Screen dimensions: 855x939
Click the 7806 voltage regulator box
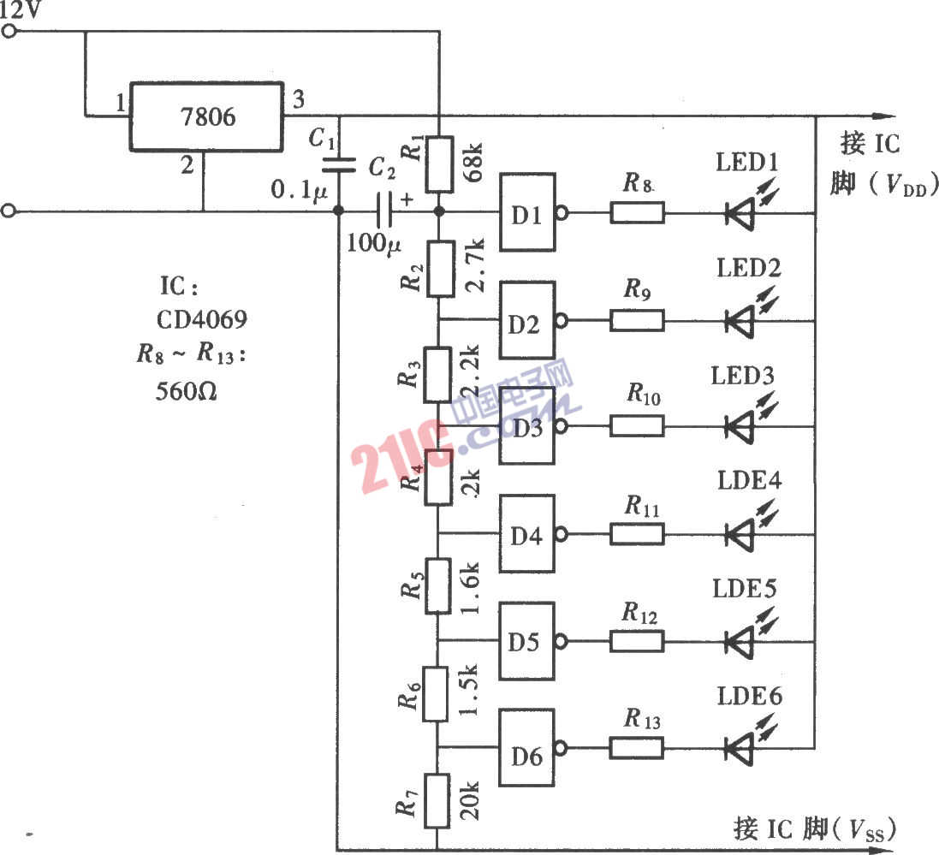coord(206,116)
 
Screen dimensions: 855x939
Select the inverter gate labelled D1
coord(527,212)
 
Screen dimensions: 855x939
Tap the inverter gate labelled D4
coord(527,534)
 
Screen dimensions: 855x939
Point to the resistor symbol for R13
coord(636,748)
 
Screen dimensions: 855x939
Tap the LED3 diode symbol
coord(739,425)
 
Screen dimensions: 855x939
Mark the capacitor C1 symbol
coord(339,163)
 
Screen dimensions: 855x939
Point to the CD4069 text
coord(202,321)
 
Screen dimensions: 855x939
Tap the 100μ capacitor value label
coord(373,243)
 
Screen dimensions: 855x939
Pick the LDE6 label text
coord(749,696)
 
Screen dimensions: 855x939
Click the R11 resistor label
coord(641,507)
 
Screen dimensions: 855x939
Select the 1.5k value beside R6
coord(469,681)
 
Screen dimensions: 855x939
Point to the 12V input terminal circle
coord(9,33)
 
